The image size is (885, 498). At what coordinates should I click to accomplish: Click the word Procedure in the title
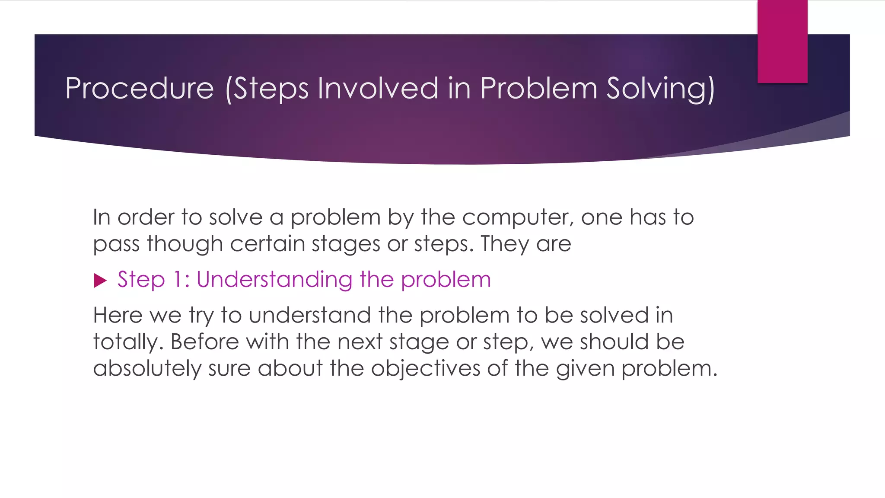pos(139,89)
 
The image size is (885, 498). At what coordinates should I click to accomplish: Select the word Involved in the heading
pos(378,89)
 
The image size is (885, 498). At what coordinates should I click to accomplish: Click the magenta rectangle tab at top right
pos(782,41)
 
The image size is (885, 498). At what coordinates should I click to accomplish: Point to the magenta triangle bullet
pos(100,281)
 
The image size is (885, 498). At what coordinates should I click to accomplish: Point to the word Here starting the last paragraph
pos(118,315)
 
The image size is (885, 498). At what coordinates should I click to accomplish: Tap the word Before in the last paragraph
pos(204,342)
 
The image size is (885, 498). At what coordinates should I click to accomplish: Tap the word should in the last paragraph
pos(614,342)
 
